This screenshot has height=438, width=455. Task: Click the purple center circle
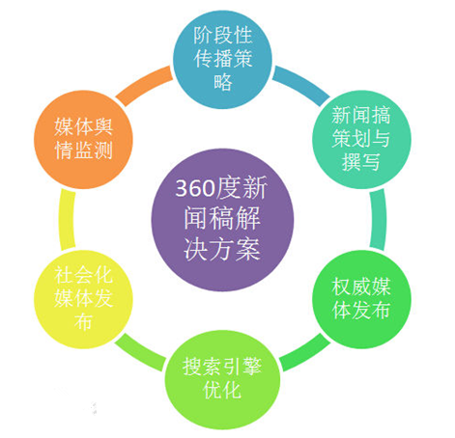tap(222, 220)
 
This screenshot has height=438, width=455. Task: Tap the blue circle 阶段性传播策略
tap(222, 60)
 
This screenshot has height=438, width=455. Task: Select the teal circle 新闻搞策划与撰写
tap(362, 140)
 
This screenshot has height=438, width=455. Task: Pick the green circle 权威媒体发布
tap(362, 299)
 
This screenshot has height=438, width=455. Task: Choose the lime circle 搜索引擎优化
tap(222, 379)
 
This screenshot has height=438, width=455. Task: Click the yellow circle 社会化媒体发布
tap(83, 299)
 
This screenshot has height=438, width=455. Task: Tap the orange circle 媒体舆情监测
tap(83, 140)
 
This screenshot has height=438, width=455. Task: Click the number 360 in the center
tap(195, 188)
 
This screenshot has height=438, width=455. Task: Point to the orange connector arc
tap(144, 84)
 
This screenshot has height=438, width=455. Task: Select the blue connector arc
tap(301, 84)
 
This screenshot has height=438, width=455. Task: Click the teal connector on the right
tap(379, 220)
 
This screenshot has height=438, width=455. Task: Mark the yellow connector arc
tap(67, 220)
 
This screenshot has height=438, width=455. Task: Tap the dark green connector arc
tap(304, 353)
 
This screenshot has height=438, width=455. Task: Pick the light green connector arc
tap(141, 353)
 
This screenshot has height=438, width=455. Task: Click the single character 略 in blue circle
tap(222, 82)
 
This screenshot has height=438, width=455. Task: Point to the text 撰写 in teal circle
tap(361, 162)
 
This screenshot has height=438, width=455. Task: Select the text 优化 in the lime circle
tap(222, 390)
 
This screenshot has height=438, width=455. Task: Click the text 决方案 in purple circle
tap(222, 250)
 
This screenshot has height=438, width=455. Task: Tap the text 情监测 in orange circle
tap(83, 151)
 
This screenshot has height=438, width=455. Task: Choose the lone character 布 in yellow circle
tap(83, 321)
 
